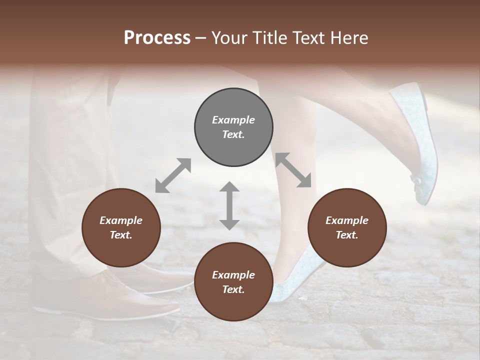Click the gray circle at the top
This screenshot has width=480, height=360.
pyautogui.click(x=233, y=127)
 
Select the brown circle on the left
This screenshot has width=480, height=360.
pyautogui.click(x=121, y=228)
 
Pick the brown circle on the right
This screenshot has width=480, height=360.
pyautogui.click(x=347, y=228)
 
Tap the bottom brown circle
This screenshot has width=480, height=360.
pyautogui.click(x=233, y=282)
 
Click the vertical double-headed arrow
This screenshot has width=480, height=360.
pyautogui.click(x=229, y=205)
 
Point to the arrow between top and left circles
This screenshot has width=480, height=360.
pyautogui.click(x=173, y=175)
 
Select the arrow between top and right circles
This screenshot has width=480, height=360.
pyautogui.click(x=293, y=170)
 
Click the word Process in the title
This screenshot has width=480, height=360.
pyautogui.click(x=157, y=38)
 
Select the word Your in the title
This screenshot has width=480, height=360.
pyautogui.click(x=229, y=38)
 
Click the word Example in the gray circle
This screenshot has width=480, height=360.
pyautogui.click(x=233, y=120)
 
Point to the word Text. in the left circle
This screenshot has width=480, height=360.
pyautogui.click(x=121, y=235)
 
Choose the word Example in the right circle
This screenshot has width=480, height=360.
pyautogui.click(x=347, y=220)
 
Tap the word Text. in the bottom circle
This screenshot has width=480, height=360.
pyautogui.click(x=233, y=289)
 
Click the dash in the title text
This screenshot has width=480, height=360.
pyautogui.click(x=201, y=38)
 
